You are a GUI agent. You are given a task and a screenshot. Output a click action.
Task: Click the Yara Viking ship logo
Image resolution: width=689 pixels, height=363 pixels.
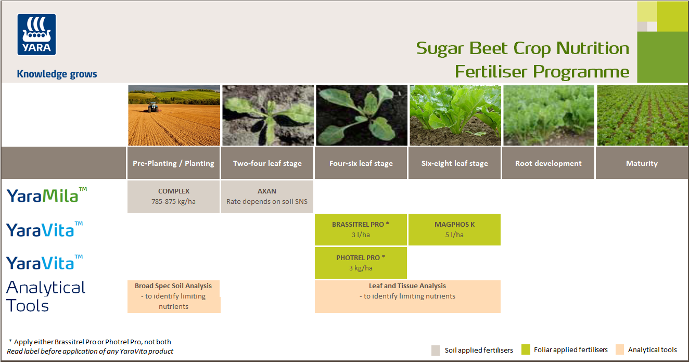[36, 34]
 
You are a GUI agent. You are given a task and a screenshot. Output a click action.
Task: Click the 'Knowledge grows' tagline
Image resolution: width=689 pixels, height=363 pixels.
[57, 74]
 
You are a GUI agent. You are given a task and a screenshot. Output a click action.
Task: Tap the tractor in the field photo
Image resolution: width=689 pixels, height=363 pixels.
[152, 107]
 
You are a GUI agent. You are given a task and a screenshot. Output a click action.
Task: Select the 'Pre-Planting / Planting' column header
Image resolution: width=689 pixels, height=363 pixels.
[173, 163]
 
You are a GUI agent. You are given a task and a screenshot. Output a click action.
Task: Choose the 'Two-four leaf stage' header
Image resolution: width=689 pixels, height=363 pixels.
[267, 163]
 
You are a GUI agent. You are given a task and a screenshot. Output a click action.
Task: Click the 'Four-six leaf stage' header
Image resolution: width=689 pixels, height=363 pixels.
[361, 163]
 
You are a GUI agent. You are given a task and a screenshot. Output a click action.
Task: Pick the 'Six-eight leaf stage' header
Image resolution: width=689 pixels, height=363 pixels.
[454, 163]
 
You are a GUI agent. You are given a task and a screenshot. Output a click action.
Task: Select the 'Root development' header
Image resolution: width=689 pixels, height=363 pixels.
[548, 163]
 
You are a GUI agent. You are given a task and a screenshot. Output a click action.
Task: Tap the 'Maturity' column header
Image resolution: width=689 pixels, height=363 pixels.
[642, 163]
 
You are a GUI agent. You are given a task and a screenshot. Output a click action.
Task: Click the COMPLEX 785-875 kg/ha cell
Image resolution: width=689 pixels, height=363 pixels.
[173, 197]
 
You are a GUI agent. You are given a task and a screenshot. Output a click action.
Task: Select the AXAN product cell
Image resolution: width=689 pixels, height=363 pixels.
[267, 197]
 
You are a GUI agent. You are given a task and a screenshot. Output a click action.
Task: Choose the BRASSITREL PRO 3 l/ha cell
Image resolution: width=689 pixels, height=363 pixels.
[361, 229]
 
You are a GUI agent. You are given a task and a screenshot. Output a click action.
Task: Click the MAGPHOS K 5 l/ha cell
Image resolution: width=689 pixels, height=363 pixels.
[454, 229]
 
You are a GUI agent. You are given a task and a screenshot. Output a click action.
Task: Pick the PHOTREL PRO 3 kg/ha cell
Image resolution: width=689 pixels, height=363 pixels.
[361, 263]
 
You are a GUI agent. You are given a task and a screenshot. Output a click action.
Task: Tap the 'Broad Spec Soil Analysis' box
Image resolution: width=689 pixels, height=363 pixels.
[173, 296]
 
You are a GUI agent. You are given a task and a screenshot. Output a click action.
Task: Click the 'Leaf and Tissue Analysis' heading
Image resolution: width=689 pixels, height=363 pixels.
[407, 286]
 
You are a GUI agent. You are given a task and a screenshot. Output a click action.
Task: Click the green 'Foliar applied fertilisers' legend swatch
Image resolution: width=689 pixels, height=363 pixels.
[526, 350]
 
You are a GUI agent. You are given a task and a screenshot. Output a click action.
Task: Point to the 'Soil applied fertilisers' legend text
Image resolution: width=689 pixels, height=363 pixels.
[479, 350]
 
